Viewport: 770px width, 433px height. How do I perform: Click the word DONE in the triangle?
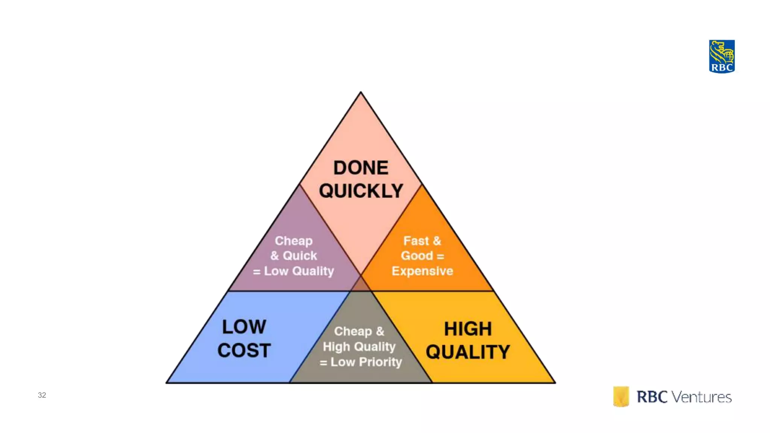click(361, 168)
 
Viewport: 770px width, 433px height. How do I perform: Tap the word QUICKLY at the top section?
click(361, 191)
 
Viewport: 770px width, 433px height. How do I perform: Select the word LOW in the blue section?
click(244, 327)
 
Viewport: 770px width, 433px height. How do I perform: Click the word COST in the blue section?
click(244, 350)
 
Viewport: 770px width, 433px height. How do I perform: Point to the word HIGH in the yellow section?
click(468, 329)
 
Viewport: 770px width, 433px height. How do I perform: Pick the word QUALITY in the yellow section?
click(468, 352)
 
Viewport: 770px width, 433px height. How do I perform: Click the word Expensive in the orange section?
click(422, 271)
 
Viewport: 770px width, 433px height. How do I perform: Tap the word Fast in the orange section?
click(416, 241)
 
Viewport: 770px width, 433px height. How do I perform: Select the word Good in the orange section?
click(417, 256)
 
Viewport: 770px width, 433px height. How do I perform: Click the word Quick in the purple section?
click(300, 256)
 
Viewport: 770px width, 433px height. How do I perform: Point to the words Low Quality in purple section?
click(299, 271)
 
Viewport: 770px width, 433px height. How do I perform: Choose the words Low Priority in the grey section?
click(366, 362)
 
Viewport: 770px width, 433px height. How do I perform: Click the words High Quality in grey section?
click(359, 347)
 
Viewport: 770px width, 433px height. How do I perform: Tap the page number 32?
click(42, 395)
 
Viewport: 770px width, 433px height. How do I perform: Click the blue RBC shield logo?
click(721, 56)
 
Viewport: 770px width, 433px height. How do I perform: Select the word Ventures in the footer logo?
click(702, 397)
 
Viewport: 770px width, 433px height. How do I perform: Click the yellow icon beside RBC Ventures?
click(621, 396)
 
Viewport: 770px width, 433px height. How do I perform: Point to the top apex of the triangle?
click(361, 93)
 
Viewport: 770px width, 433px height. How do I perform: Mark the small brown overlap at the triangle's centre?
click(361, 284)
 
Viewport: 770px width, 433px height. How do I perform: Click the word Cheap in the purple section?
click(294, 241)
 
